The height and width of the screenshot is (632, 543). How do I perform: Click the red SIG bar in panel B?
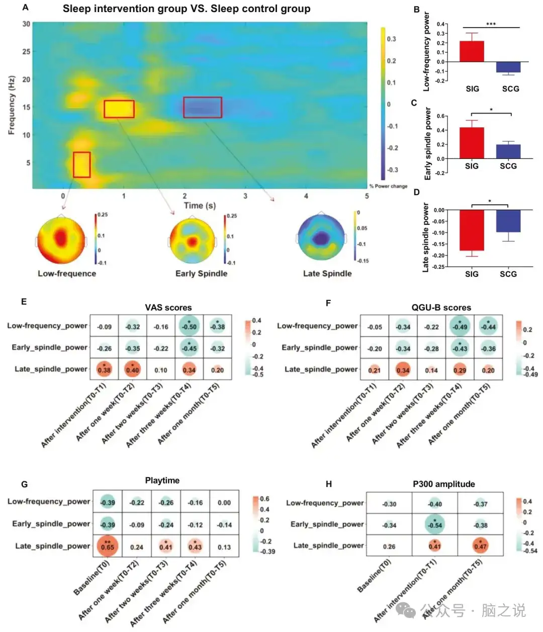click(472, 51)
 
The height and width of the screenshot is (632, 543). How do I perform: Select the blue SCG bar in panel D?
click(508, 221)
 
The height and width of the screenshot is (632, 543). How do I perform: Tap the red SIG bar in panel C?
click(472, 143)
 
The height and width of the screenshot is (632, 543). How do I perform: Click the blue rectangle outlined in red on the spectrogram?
click(203, 107)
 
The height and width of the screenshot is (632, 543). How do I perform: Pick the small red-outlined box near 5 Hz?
click(81, 165)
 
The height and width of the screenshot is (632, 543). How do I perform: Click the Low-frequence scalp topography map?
click(61, 240)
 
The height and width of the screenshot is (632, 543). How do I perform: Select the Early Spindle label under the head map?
click(201, 273)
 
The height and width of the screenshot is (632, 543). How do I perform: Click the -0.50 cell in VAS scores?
click(189, 326)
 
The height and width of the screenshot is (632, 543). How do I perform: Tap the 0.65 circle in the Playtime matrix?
click(107, 546)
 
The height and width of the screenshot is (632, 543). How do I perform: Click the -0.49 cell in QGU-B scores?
click(460, 326)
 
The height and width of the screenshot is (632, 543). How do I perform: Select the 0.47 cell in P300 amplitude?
click(480, 546)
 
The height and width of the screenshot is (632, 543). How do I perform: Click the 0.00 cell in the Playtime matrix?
click(224, 503)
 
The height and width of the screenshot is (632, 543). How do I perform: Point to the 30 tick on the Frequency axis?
click(26, 24)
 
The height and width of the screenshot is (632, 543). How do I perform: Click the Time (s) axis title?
click(200, 205)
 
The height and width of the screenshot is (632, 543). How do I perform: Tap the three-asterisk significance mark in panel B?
click(491, 24)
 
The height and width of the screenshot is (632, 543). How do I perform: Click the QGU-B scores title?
click(441, 307)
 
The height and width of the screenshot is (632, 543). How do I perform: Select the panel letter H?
click(329, 484)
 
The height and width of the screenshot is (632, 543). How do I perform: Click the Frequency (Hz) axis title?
click(12, 105)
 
